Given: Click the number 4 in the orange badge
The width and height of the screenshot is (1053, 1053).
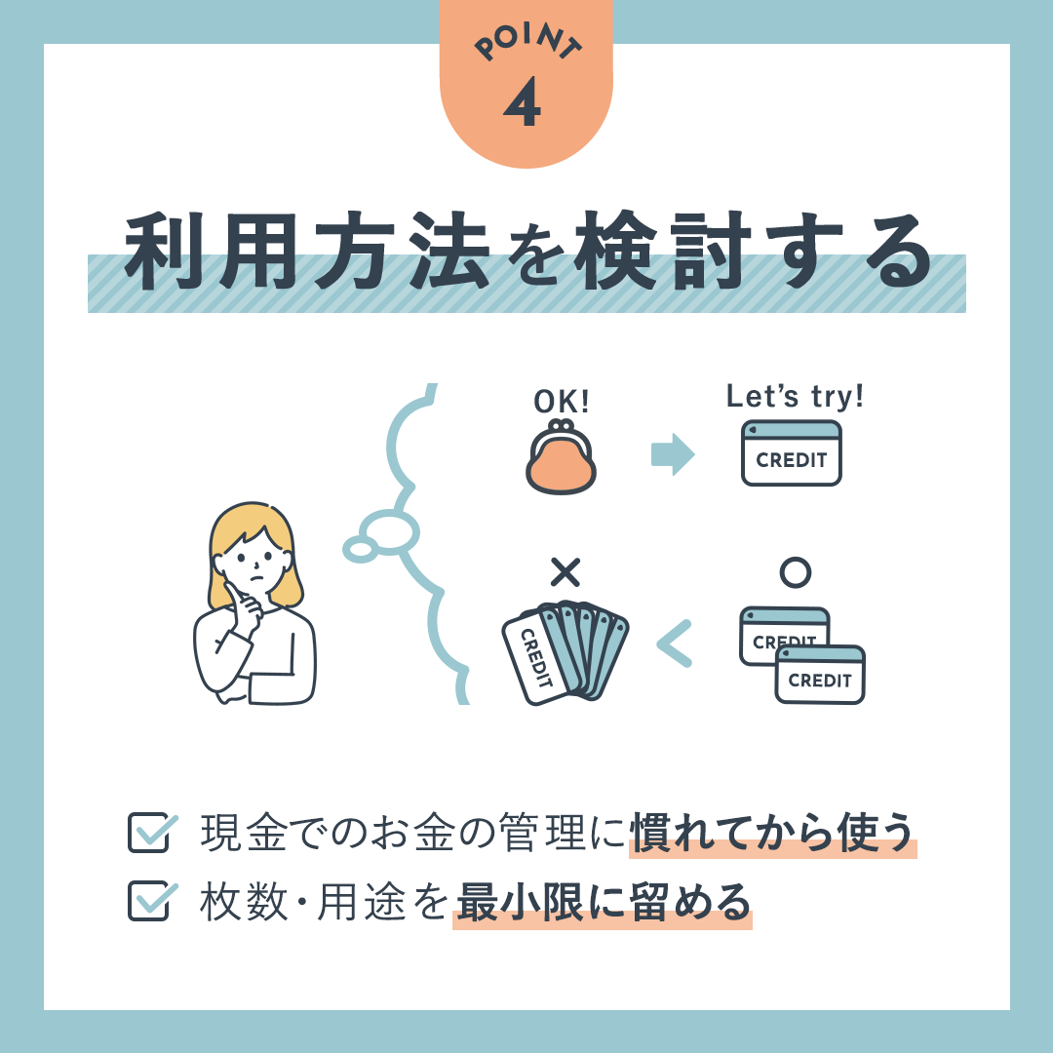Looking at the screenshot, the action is (523, 101).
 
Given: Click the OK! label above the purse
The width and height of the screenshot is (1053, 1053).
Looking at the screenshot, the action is (562, 402).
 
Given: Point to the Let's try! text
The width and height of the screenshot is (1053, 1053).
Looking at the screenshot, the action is (795, 396).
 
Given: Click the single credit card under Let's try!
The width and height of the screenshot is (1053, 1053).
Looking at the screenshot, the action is (791, 452).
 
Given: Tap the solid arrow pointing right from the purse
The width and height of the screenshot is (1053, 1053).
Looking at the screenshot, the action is (673, 454).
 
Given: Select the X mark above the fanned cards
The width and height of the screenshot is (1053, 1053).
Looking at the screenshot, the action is (565, 572).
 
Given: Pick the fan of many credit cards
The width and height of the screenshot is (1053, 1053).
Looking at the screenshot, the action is (565, 652).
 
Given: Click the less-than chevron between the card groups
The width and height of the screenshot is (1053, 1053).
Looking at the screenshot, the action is (675, 643).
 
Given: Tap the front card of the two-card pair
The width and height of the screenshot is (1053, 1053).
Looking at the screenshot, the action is (820, 675).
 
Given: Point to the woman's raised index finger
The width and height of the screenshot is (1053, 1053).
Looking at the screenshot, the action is (232, 591).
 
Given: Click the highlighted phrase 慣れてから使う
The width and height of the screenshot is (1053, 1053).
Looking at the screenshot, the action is (772, 833).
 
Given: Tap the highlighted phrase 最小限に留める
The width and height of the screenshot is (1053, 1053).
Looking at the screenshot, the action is (603, 902).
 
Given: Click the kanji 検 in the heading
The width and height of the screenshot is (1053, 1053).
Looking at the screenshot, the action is (615, 250).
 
